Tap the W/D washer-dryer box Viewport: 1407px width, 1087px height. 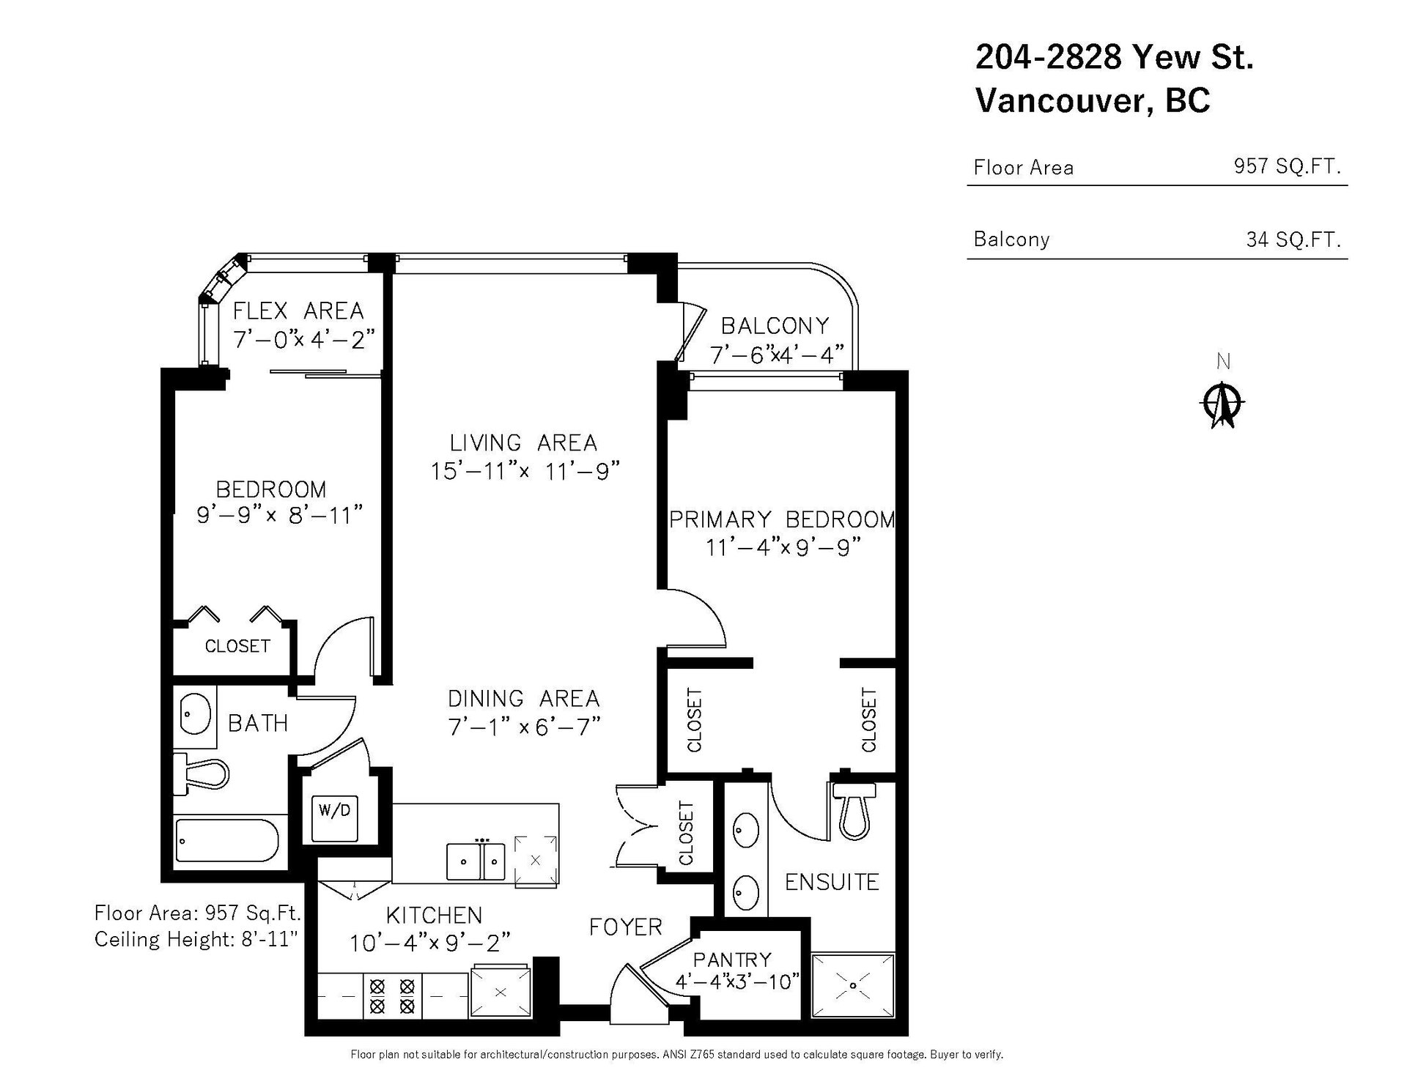[x=335, y=818]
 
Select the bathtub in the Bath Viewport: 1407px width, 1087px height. [x=226, y=841]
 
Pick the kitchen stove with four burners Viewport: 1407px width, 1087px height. [x=391, y=995]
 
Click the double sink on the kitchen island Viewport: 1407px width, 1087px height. [x=476, y=861]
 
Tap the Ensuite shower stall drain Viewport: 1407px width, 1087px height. [x=853, y=985]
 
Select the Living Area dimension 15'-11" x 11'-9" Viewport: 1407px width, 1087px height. [x=525, y=470]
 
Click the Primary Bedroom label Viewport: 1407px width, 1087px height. [x=782, y=519]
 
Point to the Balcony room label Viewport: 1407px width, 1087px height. [x=775, y=325]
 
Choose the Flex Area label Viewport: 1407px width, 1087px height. [x=298, y=311]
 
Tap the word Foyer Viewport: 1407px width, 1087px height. [x=626, y=927]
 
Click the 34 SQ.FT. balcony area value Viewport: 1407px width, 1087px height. [x=1293, y=239]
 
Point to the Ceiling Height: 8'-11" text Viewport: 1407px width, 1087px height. [x=196, y=938]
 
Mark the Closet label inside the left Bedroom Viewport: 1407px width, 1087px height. [x=237, y=645]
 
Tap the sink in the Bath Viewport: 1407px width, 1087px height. [x=195, y=712]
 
